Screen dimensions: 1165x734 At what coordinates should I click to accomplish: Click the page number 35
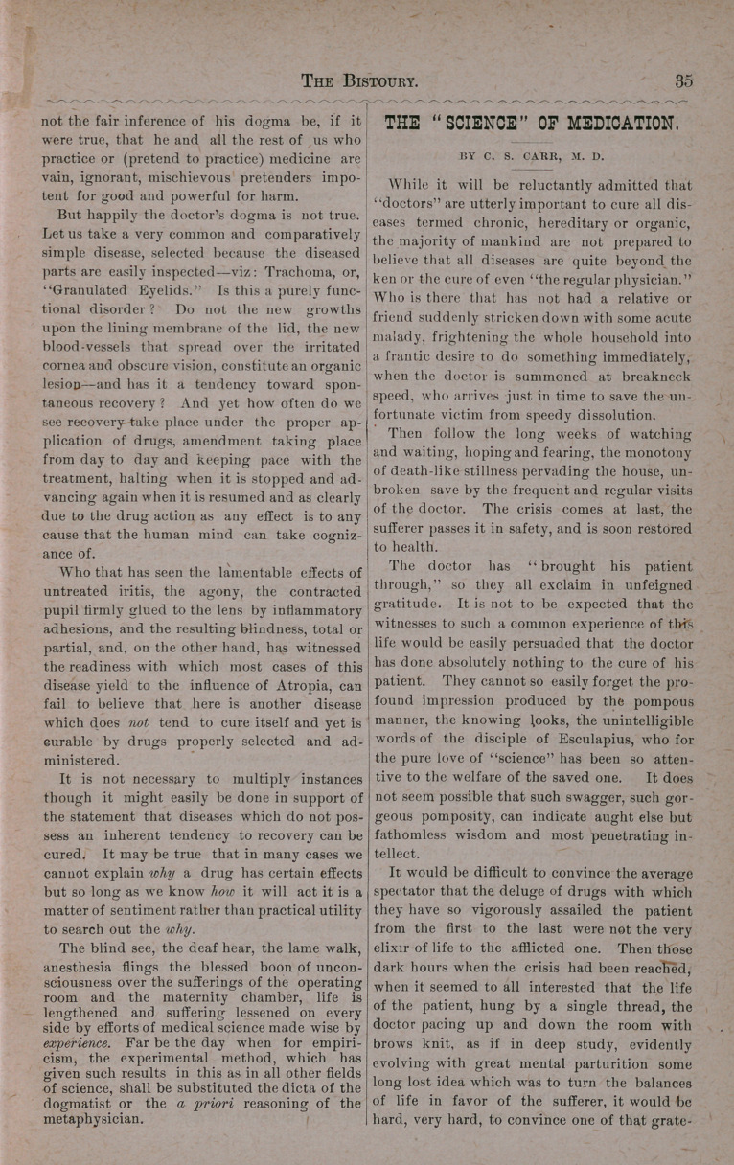pos(683,81)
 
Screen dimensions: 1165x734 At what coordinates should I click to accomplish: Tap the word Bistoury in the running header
pos(381,81)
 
